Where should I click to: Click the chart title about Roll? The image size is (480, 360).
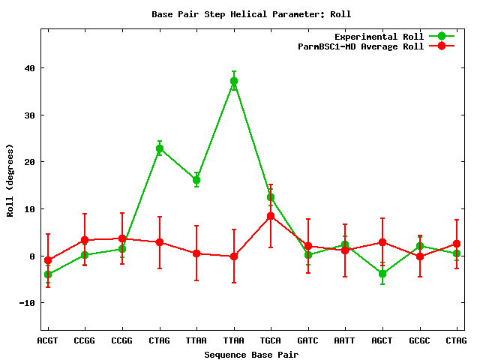[x=251, y=14]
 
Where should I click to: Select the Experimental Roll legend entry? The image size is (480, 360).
[x=394, y=37]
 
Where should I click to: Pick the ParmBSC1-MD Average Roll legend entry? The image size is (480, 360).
[x=376, y=46]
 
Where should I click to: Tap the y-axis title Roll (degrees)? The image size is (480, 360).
[x=10, y=180]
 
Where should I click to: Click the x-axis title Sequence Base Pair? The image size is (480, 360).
[x=251, y=355]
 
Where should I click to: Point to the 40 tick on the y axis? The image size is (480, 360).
[x=30, y=68]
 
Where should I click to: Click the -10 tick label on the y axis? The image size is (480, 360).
[x=27, y=303]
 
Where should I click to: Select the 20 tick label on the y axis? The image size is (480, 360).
[x=30, y=162]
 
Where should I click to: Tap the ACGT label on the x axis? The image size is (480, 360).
[x=47, y=340]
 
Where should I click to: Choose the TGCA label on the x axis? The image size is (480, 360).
[x=270, y=340]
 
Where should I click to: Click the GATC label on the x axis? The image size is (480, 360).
[x=307, y=340]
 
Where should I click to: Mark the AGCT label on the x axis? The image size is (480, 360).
[x=382, y=340]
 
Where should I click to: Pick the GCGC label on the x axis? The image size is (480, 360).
[x=419, y=340]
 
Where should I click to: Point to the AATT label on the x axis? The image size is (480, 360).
[x=345, y=340]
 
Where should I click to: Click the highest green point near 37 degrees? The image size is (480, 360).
[x=234, y=81]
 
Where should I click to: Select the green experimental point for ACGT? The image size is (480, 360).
[x=48, y=274]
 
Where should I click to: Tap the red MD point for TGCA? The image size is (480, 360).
[x=271, y=216]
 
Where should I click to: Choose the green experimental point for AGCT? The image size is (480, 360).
[x=382, y=273]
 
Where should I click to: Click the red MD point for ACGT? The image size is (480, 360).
[x=48, y=260]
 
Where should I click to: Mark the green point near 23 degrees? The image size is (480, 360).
[x=160, y=148]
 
